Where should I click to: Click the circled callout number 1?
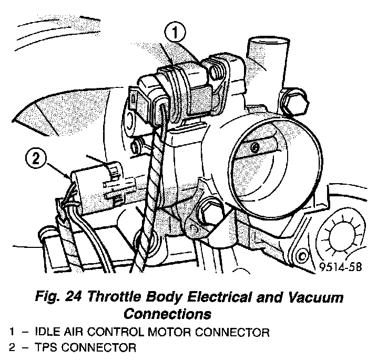point(176,33)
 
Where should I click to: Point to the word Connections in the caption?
point(167,314)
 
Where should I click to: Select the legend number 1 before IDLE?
point(12,332)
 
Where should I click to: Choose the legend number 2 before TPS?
point(12,347)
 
